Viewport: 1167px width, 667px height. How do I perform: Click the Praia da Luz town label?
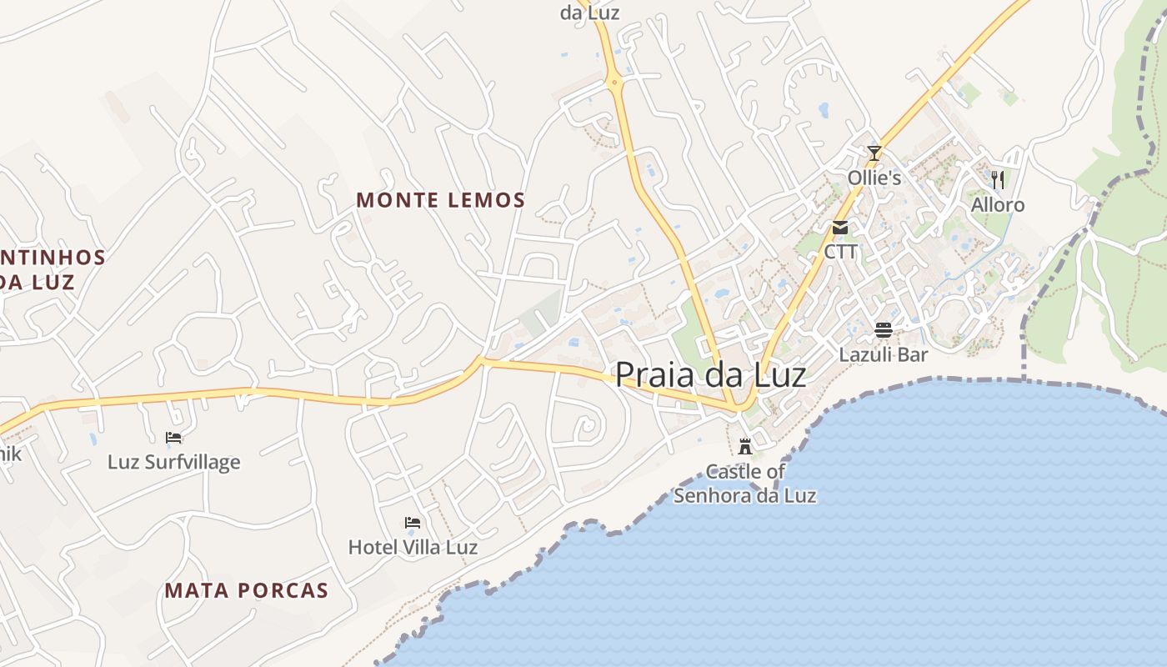710,375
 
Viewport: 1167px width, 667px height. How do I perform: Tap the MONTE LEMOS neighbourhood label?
441,200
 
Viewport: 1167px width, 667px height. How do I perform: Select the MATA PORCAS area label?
246,591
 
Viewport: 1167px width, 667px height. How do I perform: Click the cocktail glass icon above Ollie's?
874,153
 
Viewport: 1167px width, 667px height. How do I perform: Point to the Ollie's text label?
874,178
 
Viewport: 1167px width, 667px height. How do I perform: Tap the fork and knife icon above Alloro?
997,179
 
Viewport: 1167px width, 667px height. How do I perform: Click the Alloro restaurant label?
998,205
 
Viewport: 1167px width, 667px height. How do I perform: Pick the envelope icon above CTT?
839,227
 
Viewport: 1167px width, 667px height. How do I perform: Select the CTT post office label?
840,251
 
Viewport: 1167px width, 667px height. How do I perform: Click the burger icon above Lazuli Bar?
884,329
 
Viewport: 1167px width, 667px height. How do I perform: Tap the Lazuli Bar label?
884,354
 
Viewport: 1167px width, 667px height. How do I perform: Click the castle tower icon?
745,446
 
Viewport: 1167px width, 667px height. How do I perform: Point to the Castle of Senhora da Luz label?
745,484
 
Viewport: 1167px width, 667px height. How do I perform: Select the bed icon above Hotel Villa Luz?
413,523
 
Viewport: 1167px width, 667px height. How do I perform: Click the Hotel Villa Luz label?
413,547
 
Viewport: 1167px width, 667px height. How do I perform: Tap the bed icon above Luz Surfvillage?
173,437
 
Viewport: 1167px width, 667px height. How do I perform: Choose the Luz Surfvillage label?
173,462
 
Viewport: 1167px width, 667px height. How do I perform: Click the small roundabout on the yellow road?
614,82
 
